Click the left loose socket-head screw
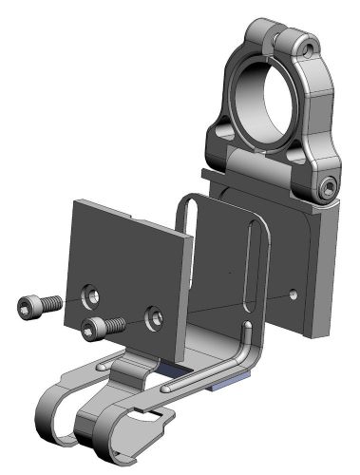36,305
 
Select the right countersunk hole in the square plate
154,314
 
